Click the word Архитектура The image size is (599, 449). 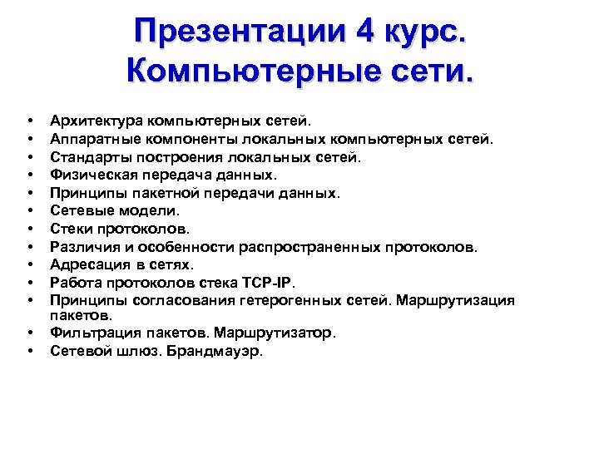click(x=94, y=121)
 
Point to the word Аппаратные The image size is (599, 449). click(x=88, y=139)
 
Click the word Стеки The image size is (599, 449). click(x=69, y=229)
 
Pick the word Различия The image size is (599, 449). click(x=82, y=247)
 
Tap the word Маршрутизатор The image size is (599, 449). click(x=274, y=333)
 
